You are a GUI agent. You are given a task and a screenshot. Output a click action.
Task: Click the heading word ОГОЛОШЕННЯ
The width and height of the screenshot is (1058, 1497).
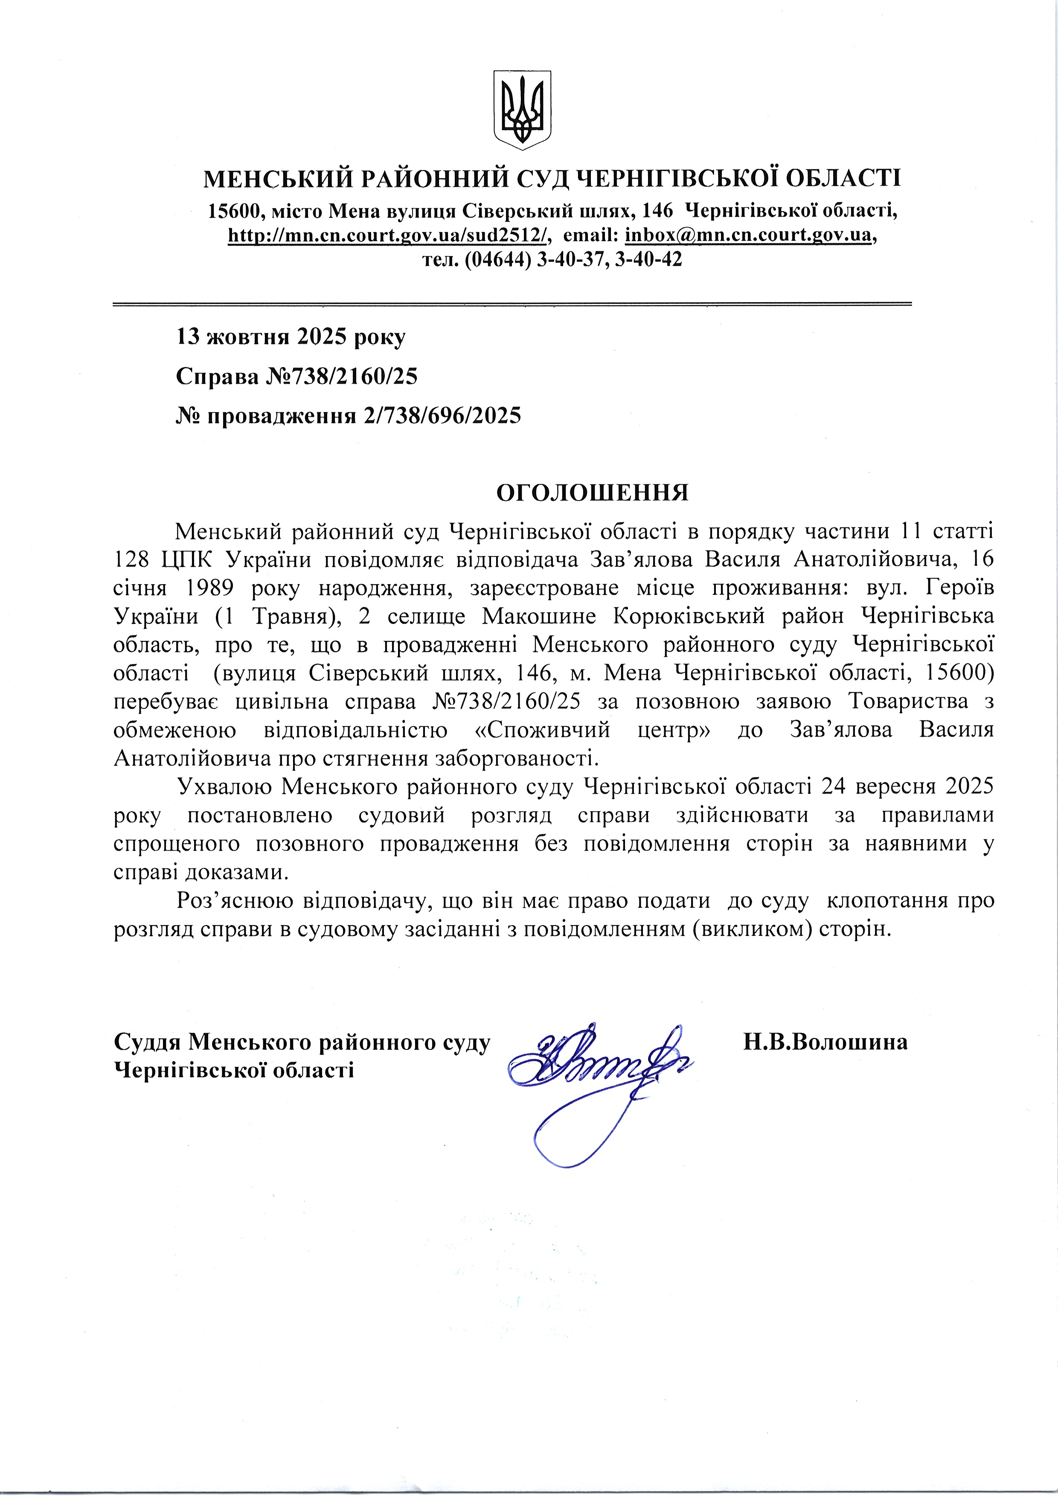(x=593, y=493)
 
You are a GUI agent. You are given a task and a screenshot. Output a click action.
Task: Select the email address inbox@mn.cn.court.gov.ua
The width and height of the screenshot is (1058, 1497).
(x=748, y=235)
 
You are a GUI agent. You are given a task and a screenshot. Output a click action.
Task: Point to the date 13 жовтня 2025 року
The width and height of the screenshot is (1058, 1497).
(x=291, y=337)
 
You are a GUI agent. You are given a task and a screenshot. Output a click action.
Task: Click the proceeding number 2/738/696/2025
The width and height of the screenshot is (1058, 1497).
(x=439, y=415)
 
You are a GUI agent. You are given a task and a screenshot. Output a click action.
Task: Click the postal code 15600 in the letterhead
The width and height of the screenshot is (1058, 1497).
(x=234, y=211)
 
